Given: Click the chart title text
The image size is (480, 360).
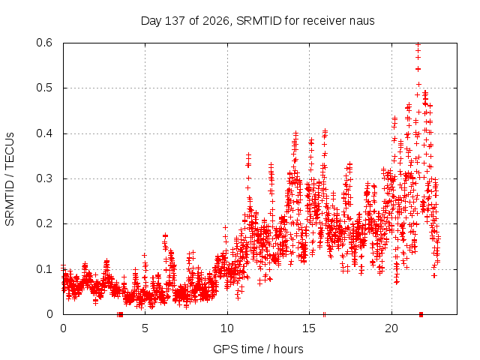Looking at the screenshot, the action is pyautogui.click(x=257, y=21).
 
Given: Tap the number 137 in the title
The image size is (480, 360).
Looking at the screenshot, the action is pyautogui.click(x=175, y=21).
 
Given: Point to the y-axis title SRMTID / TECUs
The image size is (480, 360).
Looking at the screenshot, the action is pyautogui.click(x=10, y=179).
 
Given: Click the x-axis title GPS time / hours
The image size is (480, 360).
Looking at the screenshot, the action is pyautogui.click(x=258, y=349).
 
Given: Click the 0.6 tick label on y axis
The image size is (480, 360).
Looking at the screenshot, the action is pyautogui.click(x=44, y=43).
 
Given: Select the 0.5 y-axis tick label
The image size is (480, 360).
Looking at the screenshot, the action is pyautogui.click(x=44, y=88).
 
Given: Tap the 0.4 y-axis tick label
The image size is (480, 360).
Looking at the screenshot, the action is pyautogui.click(x=44, y=133).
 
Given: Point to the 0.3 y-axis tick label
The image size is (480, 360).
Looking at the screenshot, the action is pyautogui.click(x=44, y=178).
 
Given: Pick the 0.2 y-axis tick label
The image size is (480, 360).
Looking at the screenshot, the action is pyautogui.click(x=44, y=223).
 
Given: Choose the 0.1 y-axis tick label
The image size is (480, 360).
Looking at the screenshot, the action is pyautogui.click(x=44, y=269).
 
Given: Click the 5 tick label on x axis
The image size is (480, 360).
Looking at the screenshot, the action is pyautogui.click(x=145, y=328).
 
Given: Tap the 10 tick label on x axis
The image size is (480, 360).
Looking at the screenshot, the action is pyautogui.click(x=227, y=328).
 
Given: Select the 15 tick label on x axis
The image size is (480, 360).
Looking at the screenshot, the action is pyautogui.click(x=309, y=328).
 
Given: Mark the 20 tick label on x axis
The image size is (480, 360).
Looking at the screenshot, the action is pyautogui.click(x=391, y=328).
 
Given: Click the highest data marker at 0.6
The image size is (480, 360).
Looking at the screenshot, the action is pyautogui.click(x=418, y=44).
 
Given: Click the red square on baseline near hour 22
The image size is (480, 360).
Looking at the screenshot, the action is pyautogui.click(x=421, y=314).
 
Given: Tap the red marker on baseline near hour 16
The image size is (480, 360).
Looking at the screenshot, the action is pyautogui.click(x=324, y=314).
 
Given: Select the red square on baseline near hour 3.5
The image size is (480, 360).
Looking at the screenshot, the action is pyautogui.click(x=120, y=314).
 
